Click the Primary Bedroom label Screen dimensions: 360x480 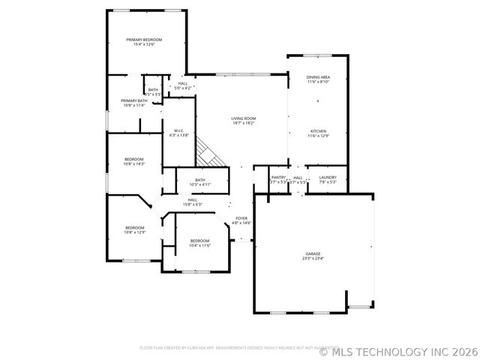(144, 40)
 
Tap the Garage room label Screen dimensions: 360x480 (313, 253)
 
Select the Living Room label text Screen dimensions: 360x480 (243, 118)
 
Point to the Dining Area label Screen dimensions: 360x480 (319, 77)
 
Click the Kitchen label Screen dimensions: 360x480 (318, 131)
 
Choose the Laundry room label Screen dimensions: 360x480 (328, 178)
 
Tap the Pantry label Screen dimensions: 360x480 (278, 178)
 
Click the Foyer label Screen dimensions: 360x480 (241, 218)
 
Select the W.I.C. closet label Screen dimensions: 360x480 (179, 130)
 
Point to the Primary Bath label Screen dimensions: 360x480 (134, 100)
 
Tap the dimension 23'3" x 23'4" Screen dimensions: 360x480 (313, 259)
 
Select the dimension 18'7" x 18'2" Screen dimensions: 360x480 (243, 123)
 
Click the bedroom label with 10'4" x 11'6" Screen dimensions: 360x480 (199, 241)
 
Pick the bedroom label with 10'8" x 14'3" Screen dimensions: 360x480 (134, 159)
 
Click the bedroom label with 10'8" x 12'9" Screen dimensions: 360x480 (134, 227)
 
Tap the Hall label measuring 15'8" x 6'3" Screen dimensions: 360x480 (192, 199)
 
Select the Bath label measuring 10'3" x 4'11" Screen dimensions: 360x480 (200, 179)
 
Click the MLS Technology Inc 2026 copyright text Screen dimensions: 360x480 (398, 350)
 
